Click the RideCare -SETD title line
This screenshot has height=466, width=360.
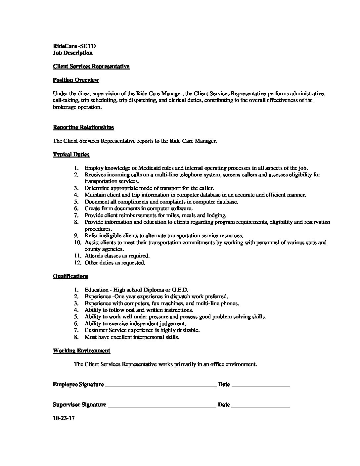[x=74, y=46]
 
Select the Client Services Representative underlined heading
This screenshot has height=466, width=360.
[x=91, y=66]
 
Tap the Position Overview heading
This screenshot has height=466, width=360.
[x=76, y=80]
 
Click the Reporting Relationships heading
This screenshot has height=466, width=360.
[x=83, y=127]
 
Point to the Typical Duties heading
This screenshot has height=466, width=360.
[x=71, y=154]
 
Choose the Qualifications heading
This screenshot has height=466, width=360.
[x=70, y=276]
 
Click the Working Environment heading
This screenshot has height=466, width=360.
[x=81, y=350]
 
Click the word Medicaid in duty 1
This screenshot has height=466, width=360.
[x=149, y=168]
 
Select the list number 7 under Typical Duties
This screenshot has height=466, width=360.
[x=76, y=215]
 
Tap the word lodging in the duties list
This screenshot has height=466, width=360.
[x=216, y=215]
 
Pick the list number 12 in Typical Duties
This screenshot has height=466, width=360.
[x=77, y=262]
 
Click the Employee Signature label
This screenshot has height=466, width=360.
[x=78, y=384]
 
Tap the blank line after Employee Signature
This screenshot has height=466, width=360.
[x=160, y=386]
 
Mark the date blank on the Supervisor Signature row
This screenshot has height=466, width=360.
[x=261, y=406]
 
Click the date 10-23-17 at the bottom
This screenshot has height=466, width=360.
[x=64, y=418]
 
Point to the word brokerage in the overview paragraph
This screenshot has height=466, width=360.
[x=66, y=107]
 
